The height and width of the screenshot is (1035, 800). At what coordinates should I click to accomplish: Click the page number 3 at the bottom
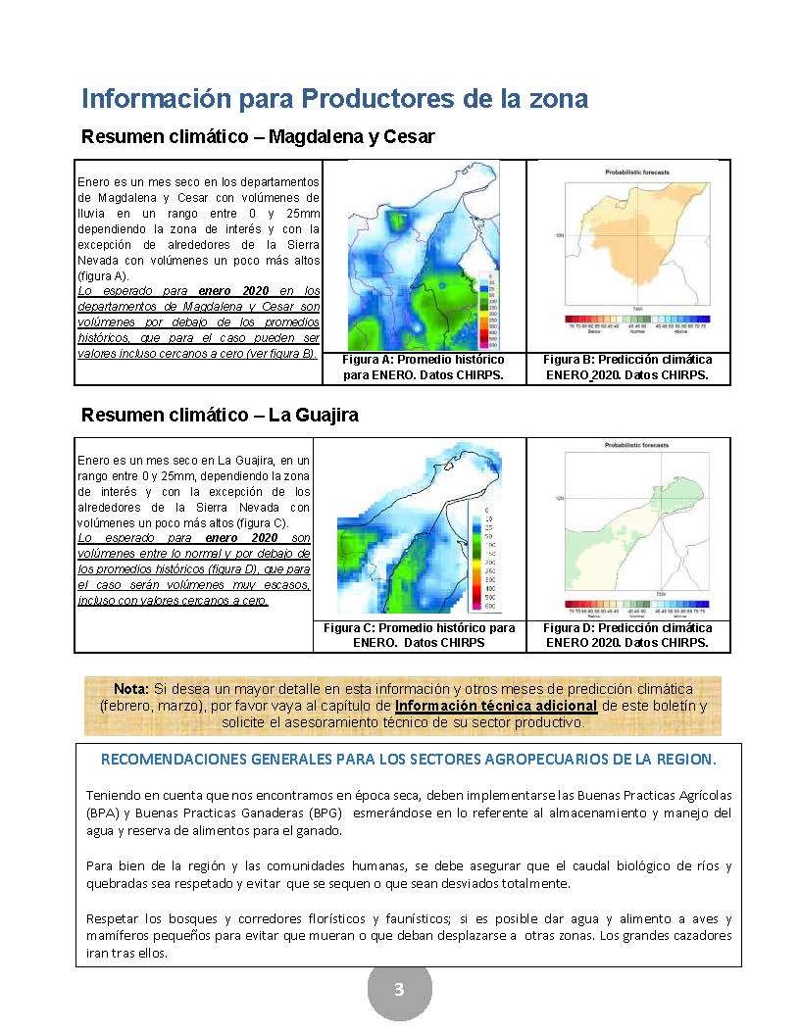(x=399, y=989)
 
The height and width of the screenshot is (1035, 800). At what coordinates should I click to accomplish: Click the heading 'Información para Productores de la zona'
(x=334, y=99)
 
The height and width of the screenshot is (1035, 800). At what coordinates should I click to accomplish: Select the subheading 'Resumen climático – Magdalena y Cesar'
(x=258, y=136)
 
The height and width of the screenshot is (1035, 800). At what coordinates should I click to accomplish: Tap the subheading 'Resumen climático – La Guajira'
(x=220, y=415)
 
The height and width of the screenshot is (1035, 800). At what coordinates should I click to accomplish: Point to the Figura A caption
(x=423, y=368)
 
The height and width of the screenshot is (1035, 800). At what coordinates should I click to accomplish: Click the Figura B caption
(x=627, y=368)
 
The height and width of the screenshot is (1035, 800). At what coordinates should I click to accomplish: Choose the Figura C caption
(x=420, y=635)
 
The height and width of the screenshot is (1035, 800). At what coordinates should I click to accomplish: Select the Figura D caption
(x=627, y=635)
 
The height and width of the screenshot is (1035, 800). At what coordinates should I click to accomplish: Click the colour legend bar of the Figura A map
(x=493, y=308)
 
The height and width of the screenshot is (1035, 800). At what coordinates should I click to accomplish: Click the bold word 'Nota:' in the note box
(x=131, y=689)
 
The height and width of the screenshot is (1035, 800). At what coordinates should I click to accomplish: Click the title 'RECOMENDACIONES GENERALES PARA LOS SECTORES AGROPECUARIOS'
(x=408, y=760)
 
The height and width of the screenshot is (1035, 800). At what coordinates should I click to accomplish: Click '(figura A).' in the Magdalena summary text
(x=101, y=275)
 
